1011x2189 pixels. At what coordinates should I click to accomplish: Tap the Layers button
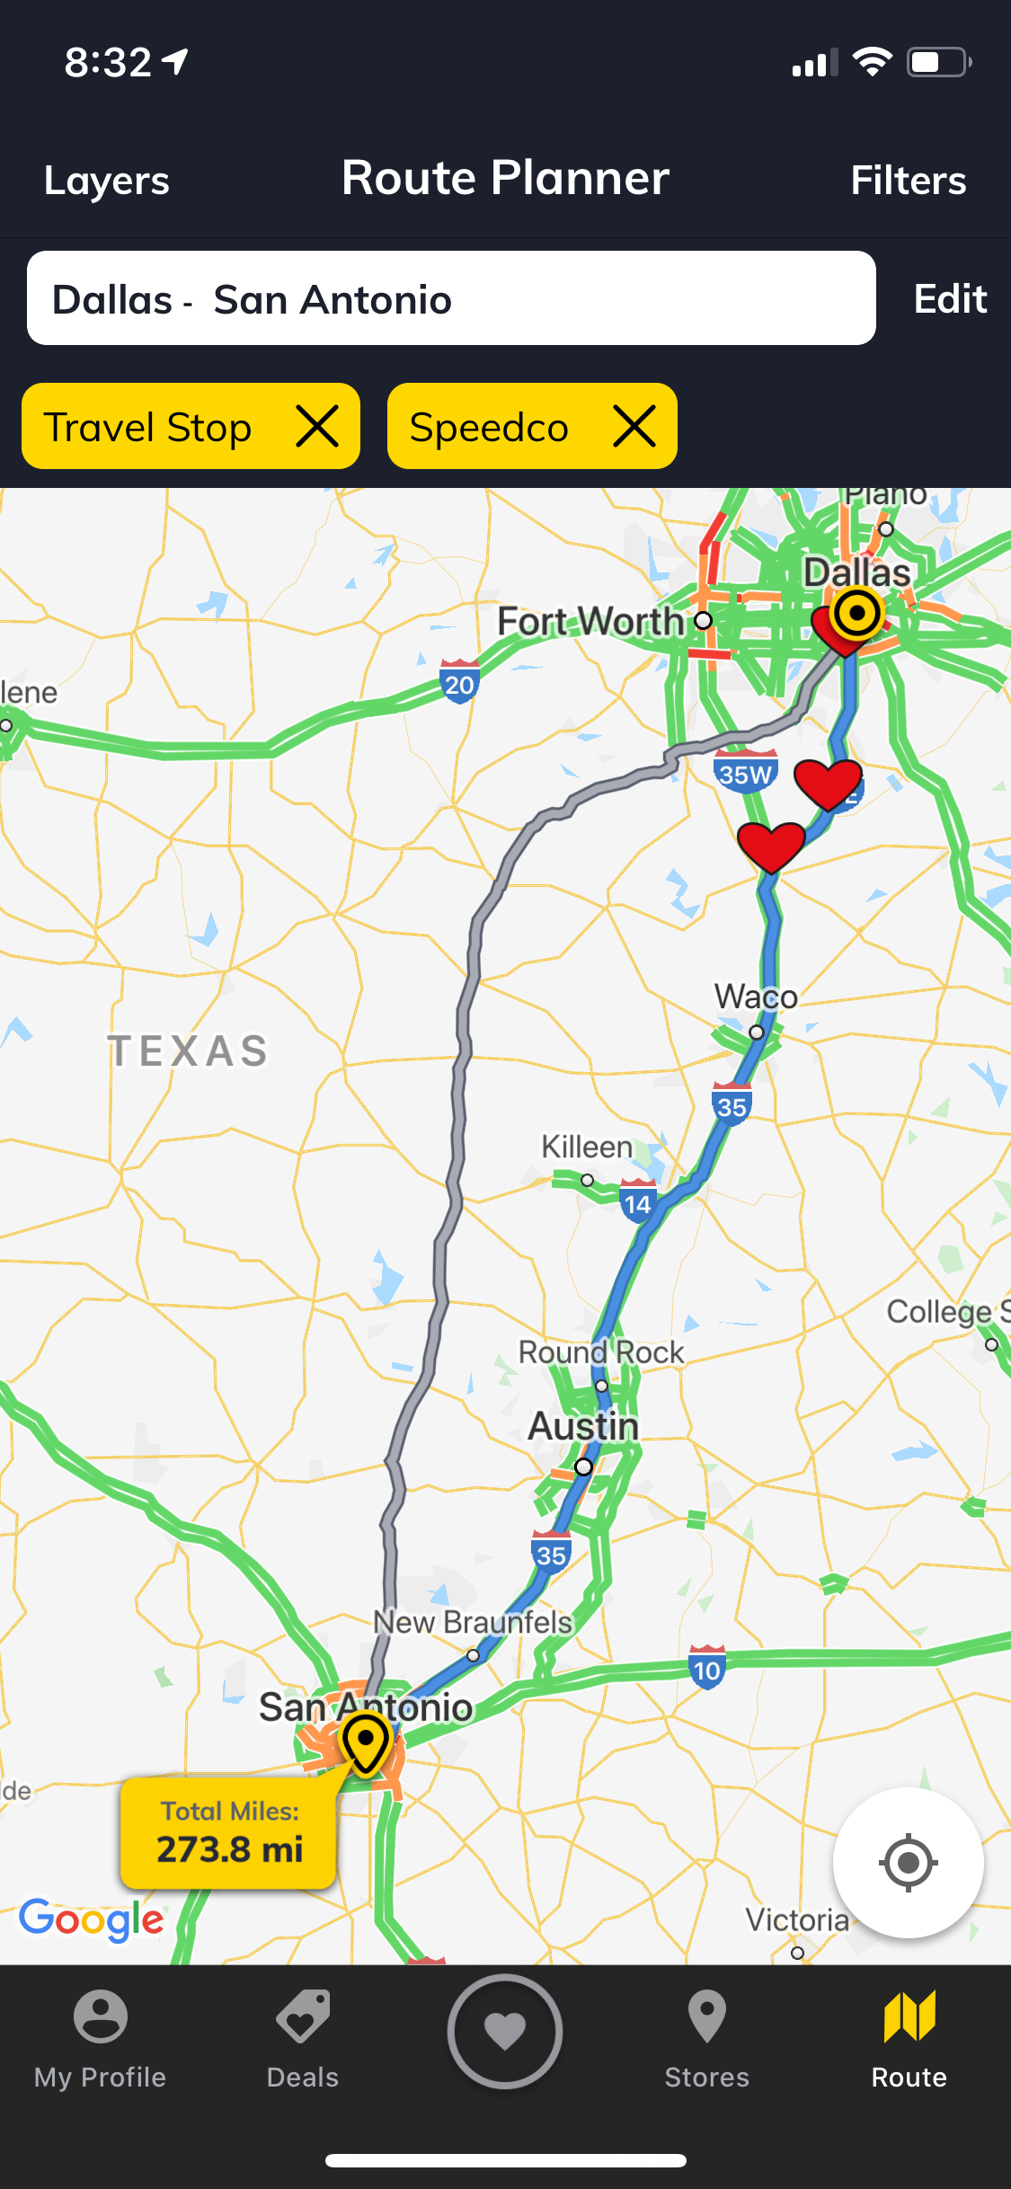pos(107,181)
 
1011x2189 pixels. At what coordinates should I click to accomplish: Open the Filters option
pos(908,181)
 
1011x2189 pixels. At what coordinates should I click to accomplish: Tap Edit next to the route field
pos(950,299)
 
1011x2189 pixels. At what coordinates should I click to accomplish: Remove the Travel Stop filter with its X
pos(317,426)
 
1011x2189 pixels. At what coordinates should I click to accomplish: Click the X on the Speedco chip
pos(634,426)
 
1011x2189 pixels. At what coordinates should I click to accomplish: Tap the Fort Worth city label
pos(590,621)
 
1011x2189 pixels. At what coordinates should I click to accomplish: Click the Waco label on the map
pos(756,997)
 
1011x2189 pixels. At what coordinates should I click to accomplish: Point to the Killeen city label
pos(587,1148)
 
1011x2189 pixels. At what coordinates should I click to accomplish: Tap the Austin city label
pos(583,1427)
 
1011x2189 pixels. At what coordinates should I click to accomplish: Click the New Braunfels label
pos(473,1623)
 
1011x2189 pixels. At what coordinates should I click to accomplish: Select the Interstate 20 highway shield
pos(459,683)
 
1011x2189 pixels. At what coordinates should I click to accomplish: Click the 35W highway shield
pos(745,772)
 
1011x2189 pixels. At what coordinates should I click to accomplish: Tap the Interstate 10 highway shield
pos(706,1668)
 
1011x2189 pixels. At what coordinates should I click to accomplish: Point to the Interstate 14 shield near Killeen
pos(637,1201)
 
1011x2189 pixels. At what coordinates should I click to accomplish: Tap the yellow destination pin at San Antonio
pos(366,1742)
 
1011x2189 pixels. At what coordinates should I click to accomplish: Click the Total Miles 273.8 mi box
pos(228,1833)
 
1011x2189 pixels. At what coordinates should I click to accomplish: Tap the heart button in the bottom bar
pos(505,2031)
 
